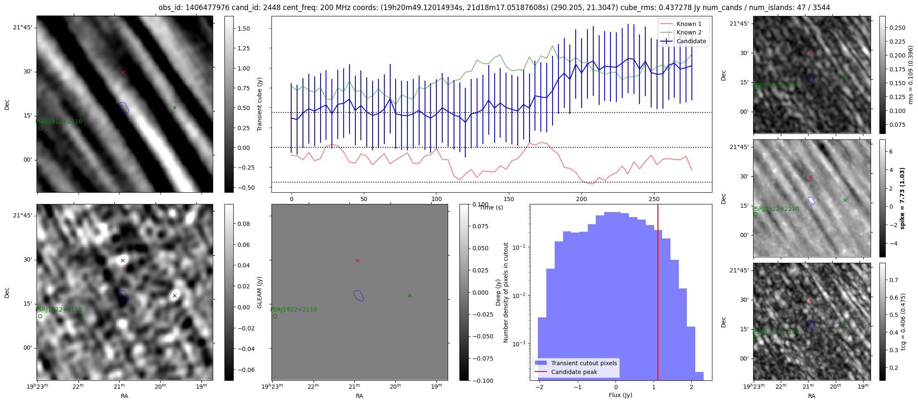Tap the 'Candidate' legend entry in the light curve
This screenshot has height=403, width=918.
691,41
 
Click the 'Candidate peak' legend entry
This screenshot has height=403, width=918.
574,372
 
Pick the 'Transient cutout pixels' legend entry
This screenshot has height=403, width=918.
584,363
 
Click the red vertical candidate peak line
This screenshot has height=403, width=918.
658,294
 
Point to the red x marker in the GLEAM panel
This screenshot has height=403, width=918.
357,261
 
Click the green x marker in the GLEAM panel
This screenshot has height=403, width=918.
409,296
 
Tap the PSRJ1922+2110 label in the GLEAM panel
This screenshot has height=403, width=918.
294,309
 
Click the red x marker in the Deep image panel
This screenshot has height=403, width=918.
123,261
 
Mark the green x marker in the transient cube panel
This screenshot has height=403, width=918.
175,108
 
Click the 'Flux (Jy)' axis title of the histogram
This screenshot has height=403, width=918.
620,395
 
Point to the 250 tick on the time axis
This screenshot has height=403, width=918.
654,199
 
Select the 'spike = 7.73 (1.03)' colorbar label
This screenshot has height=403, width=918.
902,198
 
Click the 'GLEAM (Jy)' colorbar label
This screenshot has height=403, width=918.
259,292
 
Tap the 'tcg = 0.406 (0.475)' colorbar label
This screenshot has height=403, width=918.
903,322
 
